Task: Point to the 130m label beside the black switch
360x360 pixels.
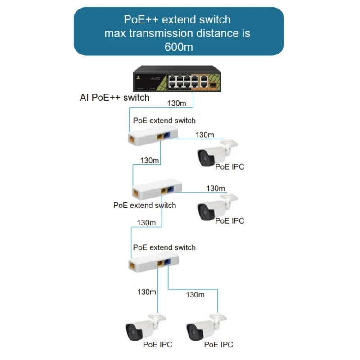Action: [x=176, y=103]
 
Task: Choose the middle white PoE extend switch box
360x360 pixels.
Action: [x=156, y=191]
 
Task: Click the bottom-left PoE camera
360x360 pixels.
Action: [x=145, y=327]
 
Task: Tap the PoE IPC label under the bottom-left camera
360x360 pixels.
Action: [x=157, y=345]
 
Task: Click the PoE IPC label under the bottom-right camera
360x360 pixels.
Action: [x=219, y=345]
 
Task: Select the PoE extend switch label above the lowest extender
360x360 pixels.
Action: [x=164, y=247]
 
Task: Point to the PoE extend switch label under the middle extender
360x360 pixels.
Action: [x=144, y=205]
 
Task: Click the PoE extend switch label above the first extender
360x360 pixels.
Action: [x=164, y=121]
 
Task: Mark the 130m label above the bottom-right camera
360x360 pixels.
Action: [x=195, y=295]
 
